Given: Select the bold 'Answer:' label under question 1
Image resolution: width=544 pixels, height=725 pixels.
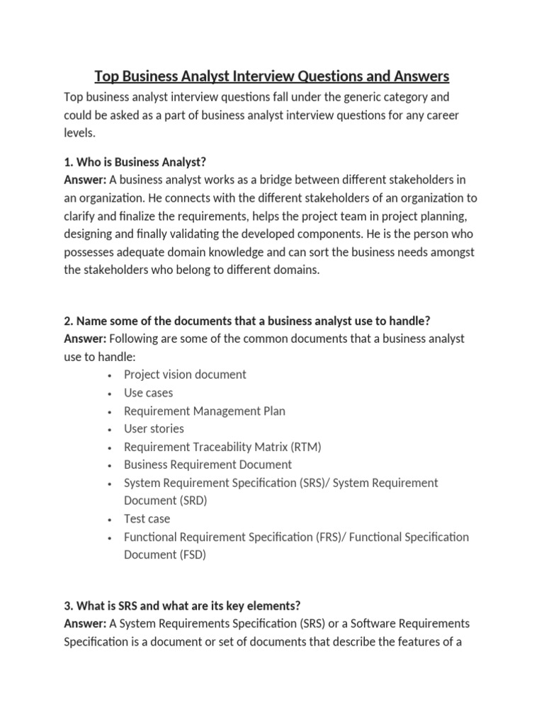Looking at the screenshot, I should click(85, 179).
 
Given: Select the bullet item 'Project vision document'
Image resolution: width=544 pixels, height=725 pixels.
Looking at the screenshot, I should click(185, 375).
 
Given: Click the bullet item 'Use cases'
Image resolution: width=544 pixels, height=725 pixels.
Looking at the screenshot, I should click(148, 393).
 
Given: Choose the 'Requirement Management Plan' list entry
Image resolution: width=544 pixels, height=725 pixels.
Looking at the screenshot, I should click(205, 411).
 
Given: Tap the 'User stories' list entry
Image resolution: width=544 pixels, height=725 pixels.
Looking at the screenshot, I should click(154, 429).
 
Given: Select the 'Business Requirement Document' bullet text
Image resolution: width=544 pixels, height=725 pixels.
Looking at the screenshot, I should click(208, 465).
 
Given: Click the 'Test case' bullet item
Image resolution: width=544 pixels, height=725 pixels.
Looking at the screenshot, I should click(147, 519).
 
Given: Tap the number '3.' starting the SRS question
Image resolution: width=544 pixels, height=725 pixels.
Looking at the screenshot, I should click(69, 605).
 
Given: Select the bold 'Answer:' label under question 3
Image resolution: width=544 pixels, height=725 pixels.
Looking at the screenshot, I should click(85, 624).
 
